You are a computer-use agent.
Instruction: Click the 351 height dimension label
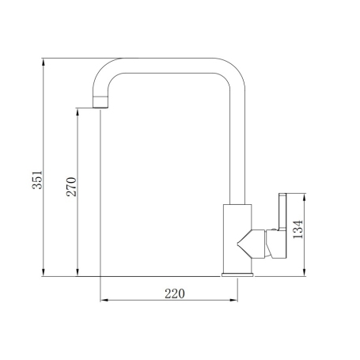(37, 180)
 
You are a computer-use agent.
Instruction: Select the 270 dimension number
(71, 187)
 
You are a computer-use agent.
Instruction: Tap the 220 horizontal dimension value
(175, 294)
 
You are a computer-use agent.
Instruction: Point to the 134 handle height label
(298, 229)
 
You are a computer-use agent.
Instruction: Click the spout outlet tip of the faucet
(100, 102)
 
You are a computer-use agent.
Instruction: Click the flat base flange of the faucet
(237, 275)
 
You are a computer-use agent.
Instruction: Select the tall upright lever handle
(282, 211)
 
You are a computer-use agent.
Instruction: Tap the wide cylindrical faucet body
(237, 238)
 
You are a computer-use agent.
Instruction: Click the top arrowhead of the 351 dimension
(44, 62)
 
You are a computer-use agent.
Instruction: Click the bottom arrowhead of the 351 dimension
(44, 273)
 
